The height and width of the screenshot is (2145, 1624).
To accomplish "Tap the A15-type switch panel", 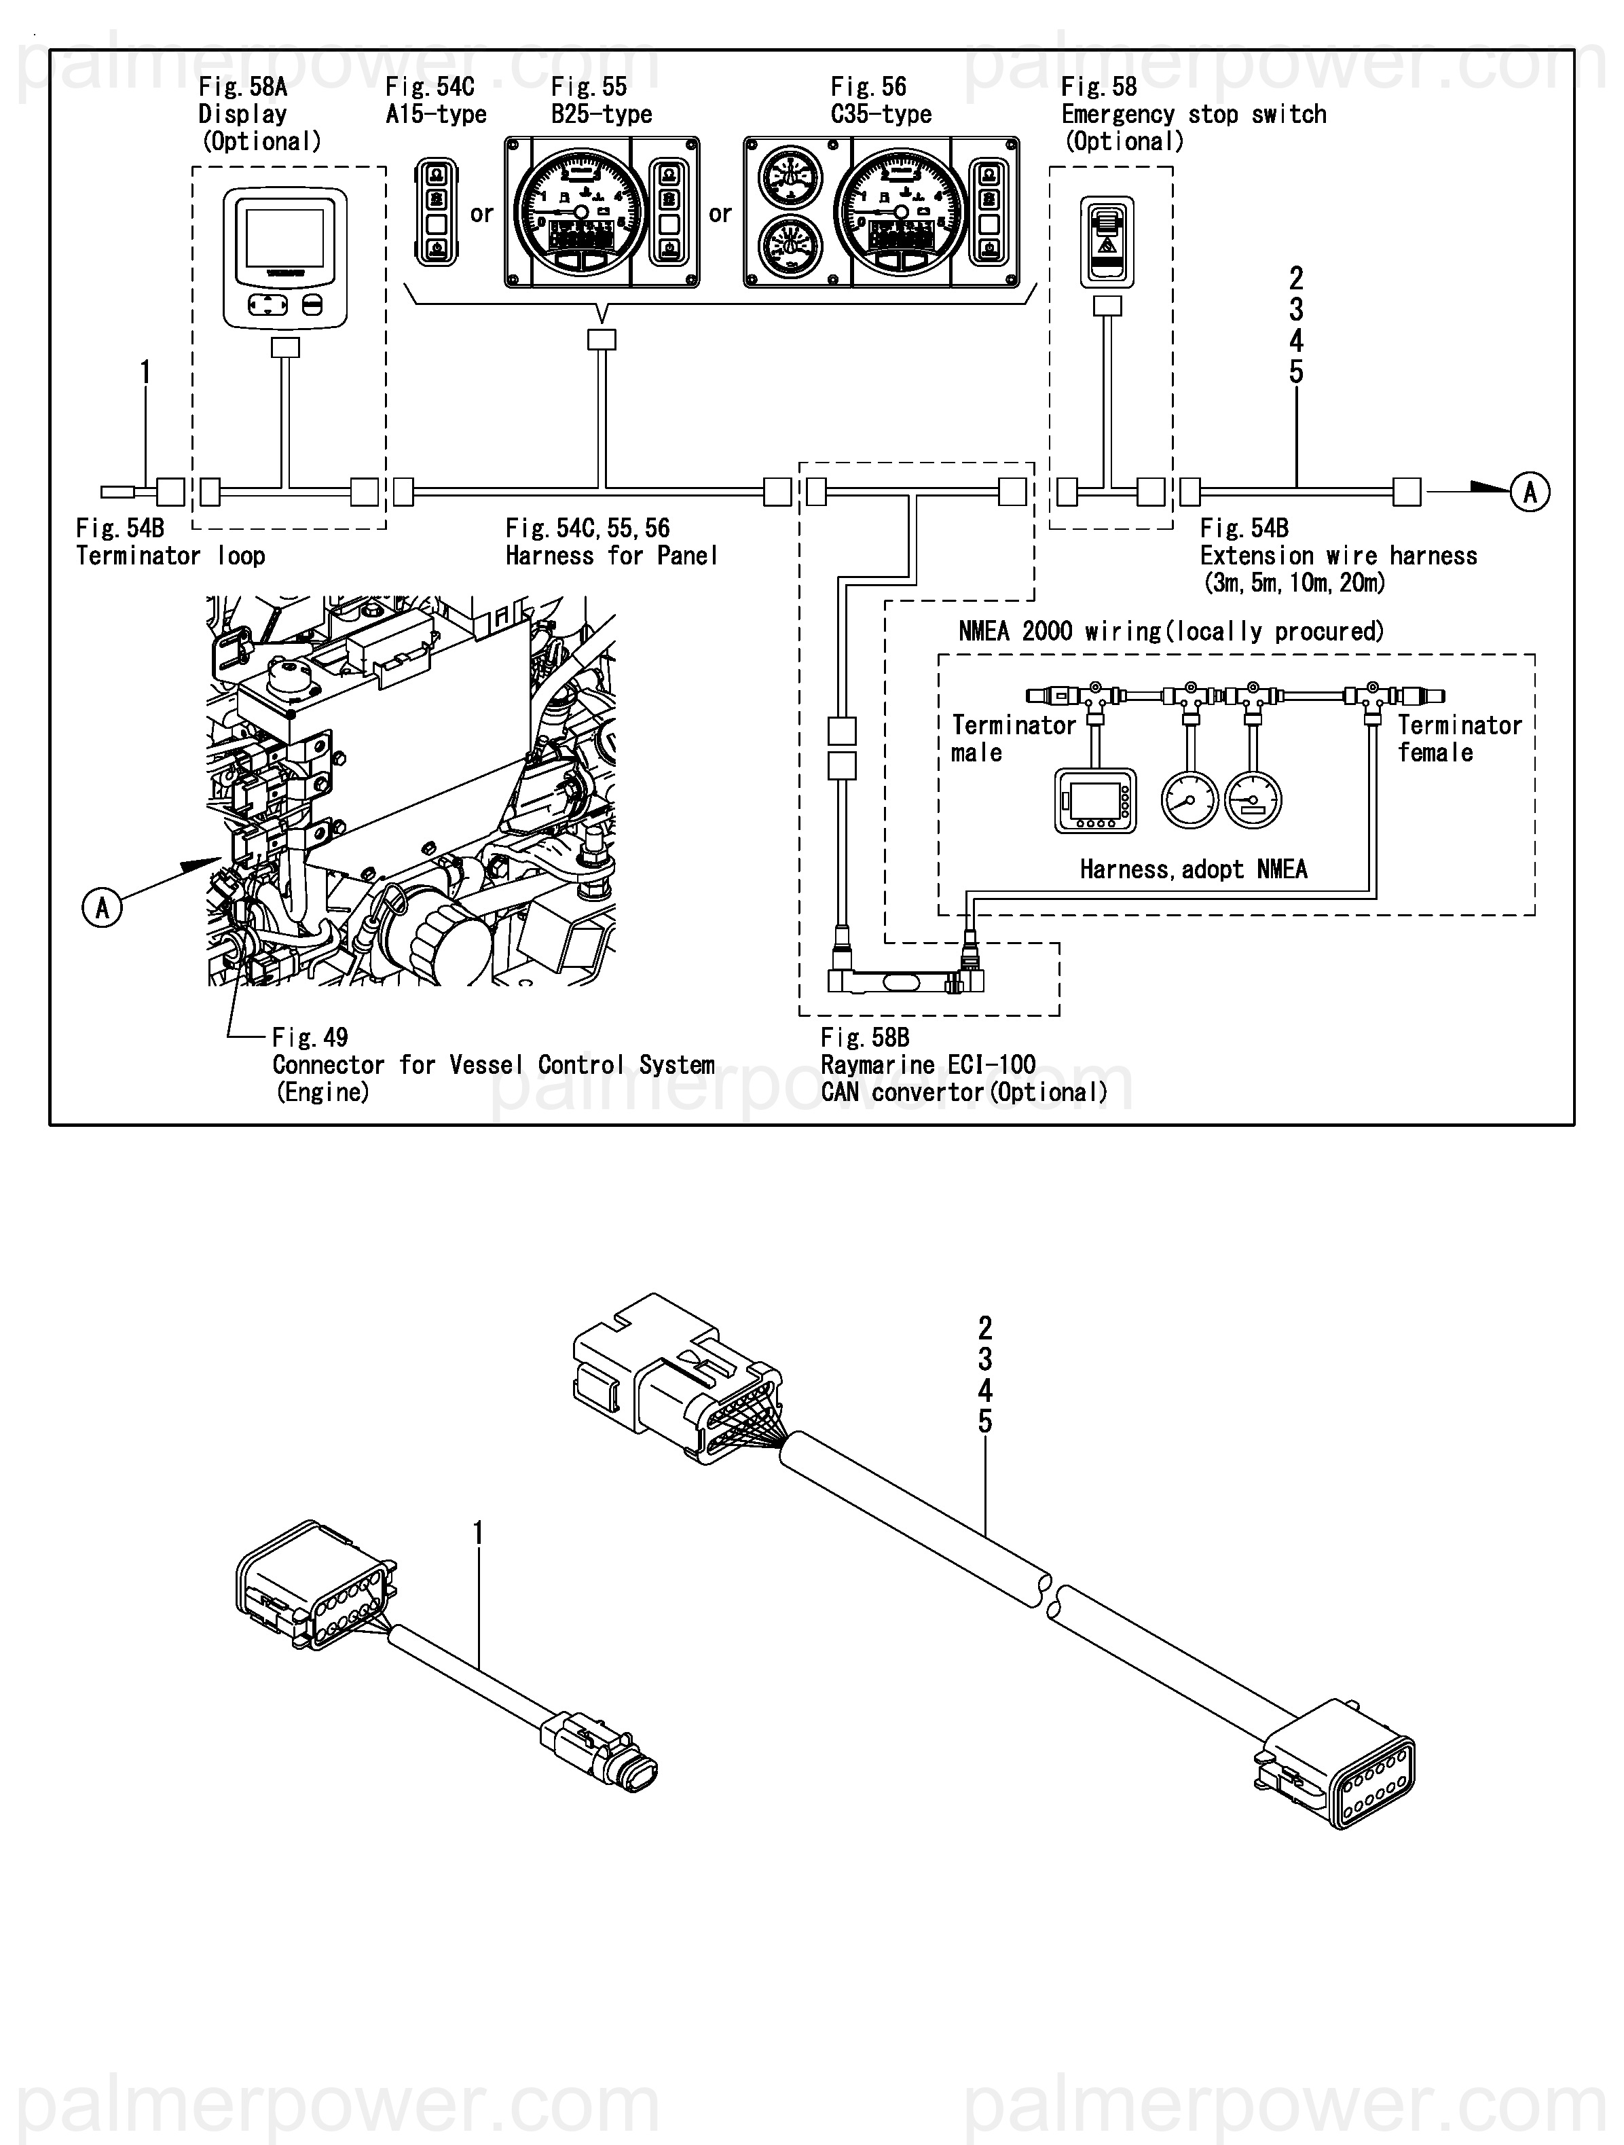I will (437, 213).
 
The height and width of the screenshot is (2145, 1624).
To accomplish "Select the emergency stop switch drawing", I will (1107, 241).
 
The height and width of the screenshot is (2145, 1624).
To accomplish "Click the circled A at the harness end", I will (1529, 492).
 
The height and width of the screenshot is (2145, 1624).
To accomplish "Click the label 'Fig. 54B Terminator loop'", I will (170, 542).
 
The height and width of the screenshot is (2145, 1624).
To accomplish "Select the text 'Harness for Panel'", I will (611, 556).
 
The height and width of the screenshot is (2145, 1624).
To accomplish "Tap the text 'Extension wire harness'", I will (1338, 556).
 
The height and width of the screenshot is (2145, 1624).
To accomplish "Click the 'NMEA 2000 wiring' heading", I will (1170, 631).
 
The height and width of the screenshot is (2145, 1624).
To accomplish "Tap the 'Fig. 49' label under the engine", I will (310, 1038).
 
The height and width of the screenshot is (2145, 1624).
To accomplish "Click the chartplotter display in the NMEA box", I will (1094, 801).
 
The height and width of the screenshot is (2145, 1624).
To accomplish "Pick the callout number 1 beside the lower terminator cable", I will (477, 1533).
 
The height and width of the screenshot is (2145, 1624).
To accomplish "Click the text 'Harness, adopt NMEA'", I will (1193, 869).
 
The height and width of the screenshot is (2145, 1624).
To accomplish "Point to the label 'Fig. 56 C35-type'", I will (881, 101).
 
